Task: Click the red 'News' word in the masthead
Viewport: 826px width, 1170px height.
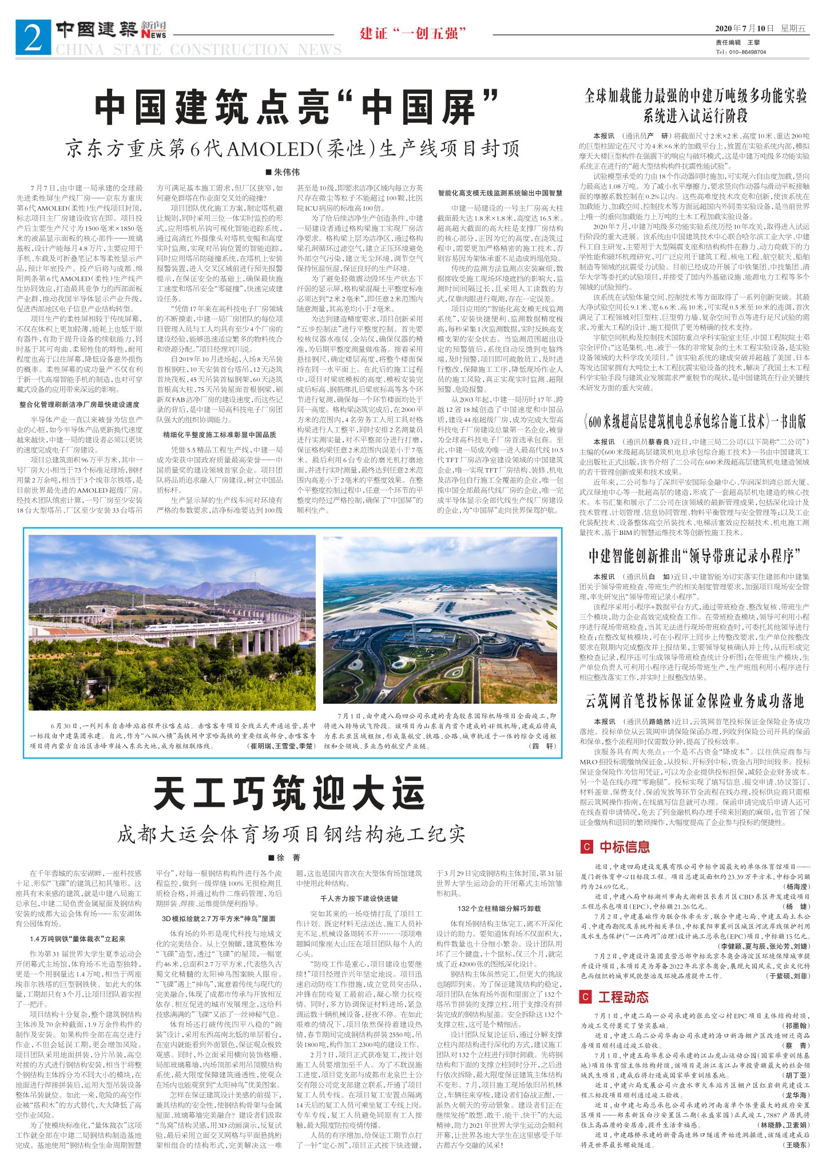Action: point(154,35)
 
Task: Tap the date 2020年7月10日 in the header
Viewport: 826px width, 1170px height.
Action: point(744,28)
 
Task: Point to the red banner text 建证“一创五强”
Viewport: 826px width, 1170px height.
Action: point(410,33)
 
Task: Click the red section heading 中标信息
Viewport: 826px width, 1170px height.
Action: point(624,847)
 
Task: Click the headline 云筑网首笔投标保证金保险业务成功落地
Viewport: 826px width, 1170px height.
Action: point(694,701)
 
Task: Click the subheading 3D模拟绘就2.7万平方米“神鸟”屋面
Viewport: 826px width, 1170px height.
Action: point(219,919)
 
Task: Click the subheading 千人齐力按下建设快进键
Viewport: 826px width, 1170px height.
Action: point(359,898)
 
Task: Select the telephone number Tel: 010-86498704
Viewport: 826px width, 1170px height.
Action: point(740,51)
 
